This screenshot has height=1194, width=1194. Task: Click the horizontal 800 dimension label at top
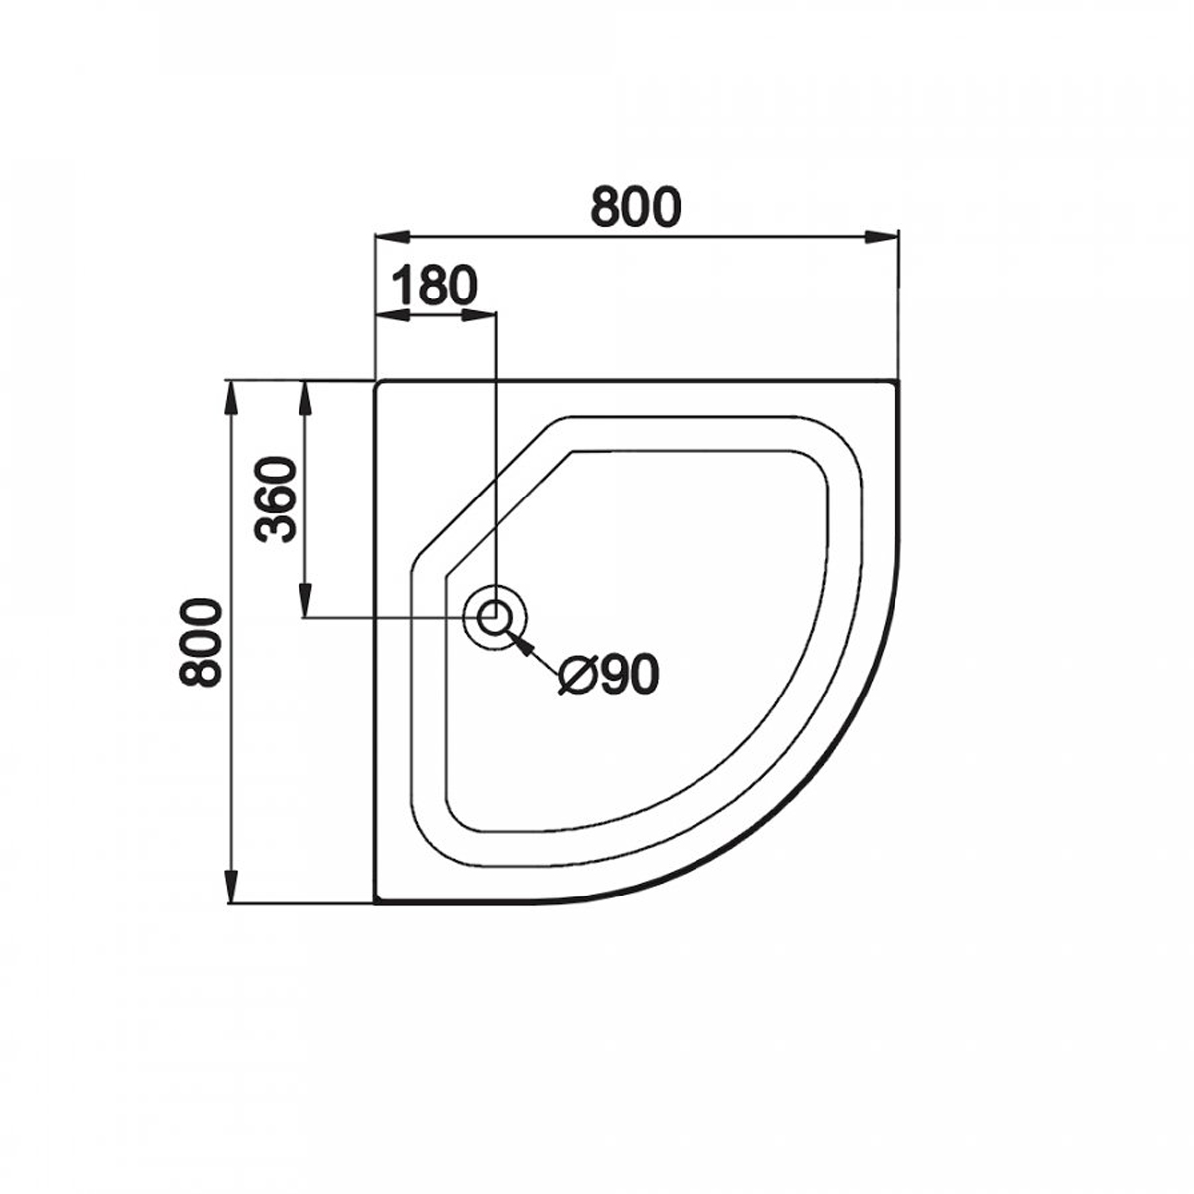click(x=636, y=207)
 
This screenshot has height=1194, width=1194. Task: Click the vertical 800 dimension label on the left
click(x=200, y=642)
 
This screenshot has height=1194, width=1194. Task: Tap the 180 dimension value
click(x=435, y=286)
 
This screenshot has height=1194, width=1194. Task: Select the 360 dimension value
click(x=276, y=499)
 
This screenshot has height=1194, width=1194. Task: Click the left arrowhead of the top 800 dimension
click(x=393, y=237)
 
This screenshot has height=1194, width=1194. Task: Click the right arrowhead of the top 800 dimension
click(x=882, y=237)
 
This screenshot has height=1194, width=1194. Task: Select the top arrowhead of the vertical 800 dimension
click(x=231, y=398)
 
